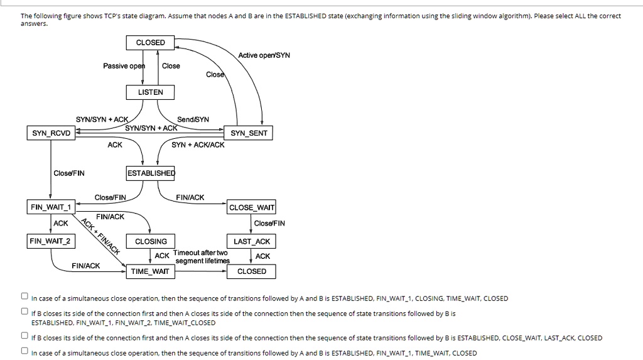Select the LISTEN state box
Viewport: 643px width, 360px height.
(x=150, y=92)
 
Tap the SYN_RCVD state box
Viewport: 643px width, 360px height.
(x=50, y=133)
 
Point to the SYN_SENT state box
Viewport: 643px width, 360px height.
(x=249, y=133)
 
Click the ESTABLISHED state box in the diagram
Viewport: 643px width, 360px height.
(x=151, y=173)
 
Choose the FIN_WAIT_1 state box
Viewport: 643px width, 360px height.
(x=50, y=207)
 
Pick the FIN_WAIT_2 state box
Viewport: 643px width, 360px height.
(x=50, y=241)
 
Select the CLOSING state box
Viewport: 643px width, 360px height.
(x=151, y=241)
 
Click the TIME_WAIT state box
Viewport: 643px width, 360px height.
(x=151, y=271)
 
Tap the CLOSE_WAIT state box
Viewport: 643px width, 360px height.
(x=251, y=207)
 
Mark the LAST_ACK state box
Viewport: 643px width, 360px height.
(x=251, y=241)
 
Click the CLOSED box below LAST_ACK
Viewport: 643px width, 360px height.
(x=251, y=271)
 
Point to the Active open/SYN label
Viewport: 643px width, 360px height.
(x=264, y=55)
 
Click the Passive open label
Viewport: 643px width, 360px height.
(x=124, y=66)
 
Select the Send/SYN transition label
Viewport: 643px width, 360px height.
(x=193, y=119)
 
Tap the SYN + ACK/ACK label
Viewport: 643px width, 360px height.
(x=198, y=145)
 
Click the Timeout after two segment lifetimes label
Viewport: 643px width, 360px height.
(x=202, y=256)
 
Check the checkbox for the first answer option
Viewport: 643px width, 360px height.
(x=24, y=297)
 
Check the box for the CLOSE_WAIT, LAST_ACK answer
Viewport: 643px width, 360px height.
(x=24, y=337)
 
